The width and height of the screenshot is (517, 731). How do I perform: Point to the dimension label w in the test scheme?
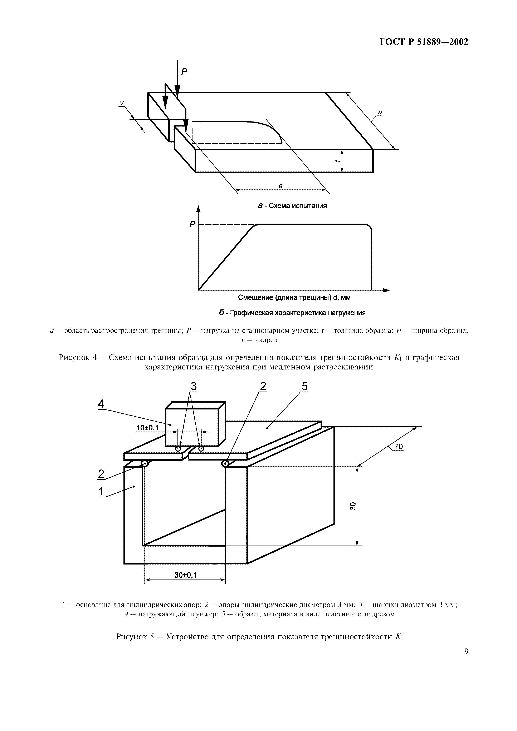pos(380,112)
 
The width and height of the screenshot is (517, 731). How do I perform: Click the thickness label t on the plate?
pos(337,161)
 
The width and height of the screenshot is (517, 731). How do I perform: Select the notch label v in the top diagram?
pos(121,103)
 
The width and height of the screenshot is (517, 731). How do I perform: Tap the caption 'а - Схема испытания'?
pos(292,206)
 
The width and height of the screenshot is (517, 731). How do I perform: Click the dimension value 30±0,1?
pos(185,575)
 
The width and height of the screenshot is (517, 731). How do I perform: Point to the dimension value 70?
pos(399,447)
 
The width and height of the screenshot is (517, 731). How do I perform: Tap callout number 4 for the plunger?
pos(101,404)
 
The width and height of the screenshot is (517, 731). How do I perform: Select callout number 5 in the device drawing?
pos(304,386)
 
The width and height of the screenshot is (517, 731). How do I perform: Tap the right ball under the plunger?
pos(201,449)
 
